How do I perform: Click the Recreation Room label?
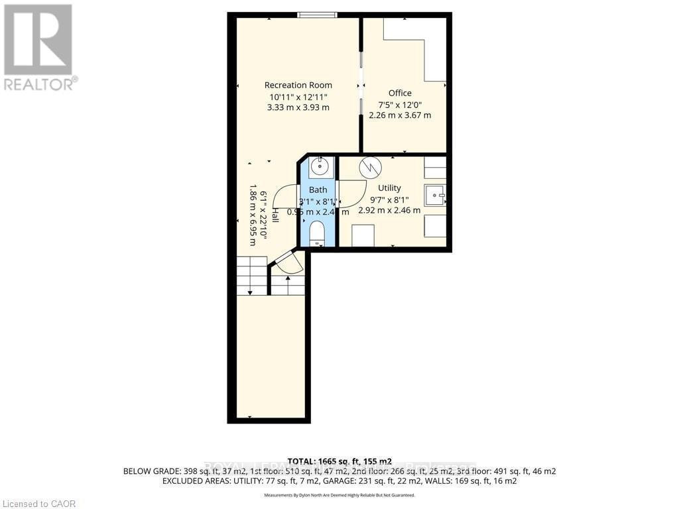(x=298, y=85)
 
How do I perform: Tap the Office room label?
(x=400, y=93)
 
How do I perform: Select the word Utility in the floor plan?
(x=389, y=188)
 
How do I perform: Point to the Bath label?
(x=318, y=190)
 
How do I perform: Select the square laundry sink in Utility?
(x=434, y=196)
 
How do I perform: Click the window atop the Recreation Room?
(x=316, y=15)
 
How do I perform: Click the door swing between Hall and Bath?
(x=287, y=197)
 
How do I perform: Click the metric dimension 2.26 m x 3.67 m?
(x=400, y=115)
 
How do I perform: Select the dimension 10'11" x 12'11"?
(x=298, y=97)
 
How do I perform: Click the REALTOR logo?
(x=39, y=46)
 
